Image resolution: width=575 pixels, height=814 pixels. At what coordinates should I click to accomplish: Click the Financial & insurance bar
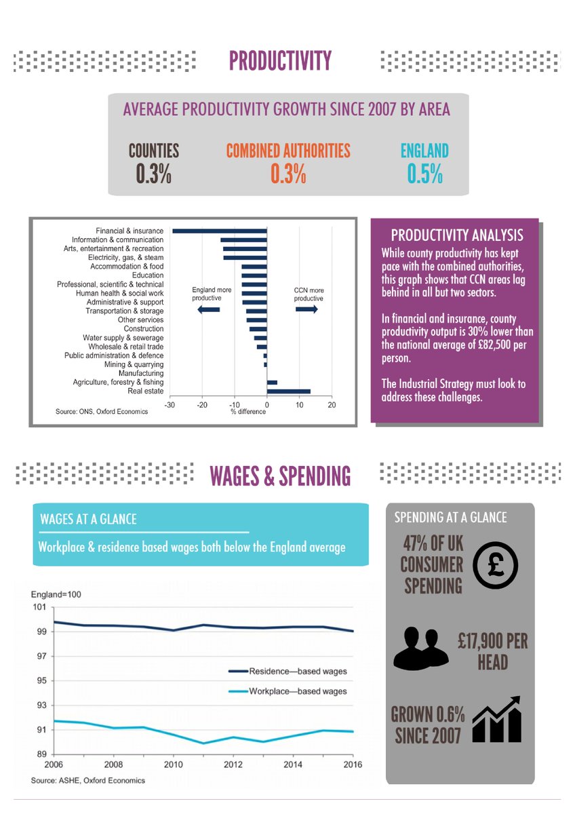[220, 231]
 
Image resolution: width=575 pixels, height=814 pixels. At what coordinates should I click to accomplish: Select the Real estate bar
[289, 391]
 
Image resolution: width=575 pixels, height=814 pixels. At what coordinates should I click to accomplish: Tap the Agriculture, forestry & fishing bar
[272, 383]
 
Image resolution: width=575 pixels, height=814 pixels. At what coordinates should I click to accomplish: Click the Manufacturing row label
[141, 373]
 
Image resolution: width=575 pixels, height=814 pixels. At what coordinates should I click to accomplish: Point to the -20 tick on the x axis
[202, 405]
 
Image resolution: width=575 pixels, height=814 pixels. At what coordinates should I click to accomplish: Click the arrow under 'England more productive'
[208, 309]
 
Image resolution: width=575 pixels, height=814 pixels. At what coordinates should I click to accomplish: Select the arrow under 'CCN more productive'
[306, 309]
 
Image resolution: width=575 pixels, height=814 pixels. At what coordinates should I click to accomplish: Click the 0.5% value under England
[424, 174]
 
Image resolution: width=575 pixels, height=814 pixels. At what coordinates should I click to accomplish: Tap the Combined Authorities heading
[288, 151]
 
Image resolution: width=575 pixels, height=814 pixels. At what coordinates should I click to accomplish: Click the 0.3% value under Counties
[154, 174]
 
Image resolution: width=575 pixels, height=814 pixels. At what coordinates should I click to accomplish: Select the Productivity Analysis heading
[457, 235]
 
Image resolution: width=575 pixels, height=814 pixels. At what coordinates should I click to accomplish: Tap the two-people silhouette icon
[421, 648]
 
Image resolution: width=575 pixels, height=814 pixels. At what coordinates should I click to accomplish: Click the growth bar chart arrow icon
[497, 719]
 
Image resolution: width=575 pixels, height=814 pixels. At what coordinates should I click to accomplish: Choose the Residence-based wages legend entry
[287, 671]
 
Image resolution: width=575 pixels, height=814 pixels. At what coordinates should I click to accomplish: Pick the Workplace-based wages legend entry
[287, 691]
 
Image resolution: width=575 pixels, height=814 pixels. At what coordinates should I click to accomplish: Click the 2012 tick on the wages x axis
[233, 764]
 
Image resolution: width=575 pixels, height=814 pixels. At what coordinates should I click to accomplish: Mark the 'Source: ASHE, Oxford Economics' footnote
[88, 780]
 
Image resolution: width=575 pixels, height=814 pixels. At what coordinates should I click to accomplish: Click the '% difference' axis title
[248, 411]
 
